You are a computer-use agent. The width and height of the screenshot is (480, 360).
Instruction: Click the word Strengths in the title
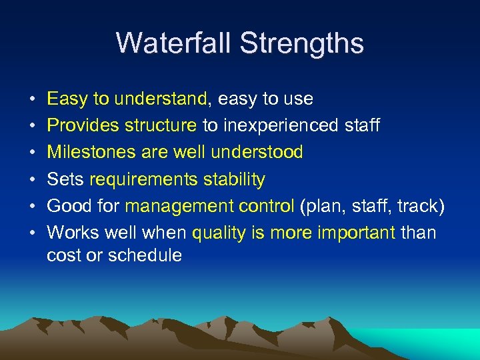tap(302, 43)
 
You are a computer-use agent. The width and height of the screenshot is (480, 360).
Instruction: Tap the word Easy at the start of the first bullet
tap(68, 99)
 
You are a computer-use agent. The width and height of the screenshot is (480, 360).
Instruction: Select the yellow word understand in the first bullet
tap(161, 99)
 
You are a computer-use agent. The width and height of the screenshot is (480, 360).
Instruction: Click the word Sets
tap(65, 179)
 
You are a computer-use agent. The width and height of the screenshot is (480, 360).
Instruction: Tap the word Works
tap(73, 233)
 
